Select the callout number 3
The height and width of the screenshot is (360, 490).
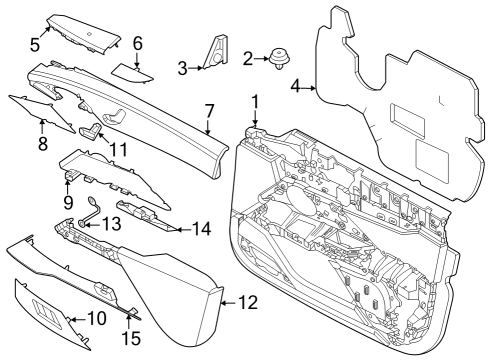coord(182,67)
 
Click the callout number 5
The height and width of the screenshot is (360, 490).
coord(34,44)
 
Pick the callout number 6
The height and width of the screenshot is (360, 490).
coord(138,43)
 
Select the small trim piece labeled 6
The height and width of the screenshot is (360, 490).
coord(131,70)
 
